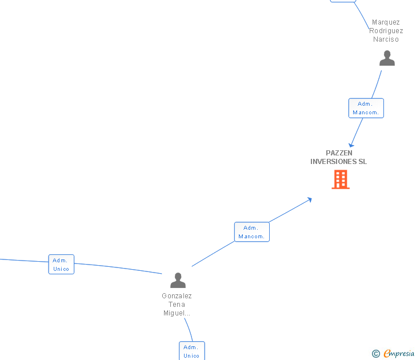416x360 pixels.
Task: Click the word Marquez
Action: (386, 23)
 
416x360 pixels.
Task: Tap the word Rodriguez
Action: (386, 31)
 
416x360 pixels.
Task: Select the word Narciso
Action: (386, 39)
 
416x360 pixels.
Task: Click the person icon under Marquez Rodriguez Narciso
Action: (387, 58)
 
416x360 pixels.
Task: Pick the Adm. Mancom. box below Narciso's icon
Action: (366, 108)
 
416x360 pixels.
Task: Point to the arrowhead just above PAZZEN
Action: (351, 145)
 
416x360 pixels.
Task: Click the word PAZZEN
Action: (339, 153)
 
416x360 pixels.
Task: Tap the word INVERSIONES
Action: (334, 162)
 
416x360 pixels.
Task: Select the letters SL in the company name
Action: (362, 162)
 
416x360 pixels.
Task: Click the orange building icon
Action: (341, 179)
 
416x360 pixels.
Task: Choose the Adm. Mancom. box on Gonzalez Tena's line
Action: (251, 232)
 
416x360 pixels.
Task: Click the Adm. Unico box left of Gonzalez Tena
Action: (61, 265)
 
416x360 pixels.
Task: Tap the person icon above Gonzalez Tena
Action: (178, 281)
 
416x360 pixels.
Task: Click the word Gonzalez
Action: (177, 296)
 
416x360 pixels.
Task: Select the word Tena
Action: (177, 305)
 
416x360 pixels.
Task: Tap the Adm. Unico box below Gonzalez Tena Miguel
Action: (191, 351)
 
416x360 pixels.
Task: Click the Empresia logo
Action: (399, 354)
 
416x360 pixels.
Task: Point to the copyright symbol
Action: (375, 354)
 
